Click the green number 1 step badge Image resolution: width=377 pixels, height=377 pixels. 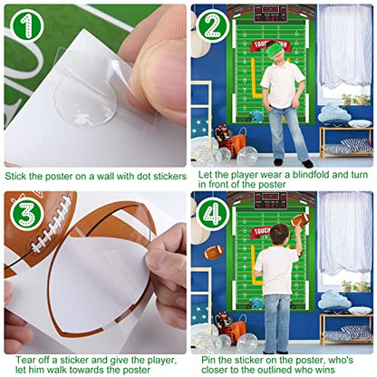27,26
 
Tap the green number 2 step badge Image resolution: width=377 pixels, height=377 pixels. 213,26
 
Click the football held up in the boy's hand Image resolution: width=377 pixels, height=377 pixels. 301,219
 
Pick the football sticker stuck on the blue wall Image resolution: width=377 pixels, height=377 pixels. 214,252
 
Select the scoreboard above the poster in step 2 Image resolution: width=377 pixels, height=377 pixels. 270,14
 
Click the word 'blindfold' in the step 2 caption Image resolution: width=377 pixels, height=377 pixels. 309,175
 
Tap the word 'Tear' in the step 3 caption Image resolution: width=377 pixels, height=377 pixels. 24,360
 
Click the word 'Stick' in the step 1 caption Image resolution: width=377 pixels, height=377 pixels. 15,176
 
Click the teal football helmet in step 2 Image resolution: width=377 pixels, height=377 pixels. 256,116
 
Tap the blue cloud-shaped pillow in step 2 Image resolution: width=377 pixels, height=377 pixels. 333,113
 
